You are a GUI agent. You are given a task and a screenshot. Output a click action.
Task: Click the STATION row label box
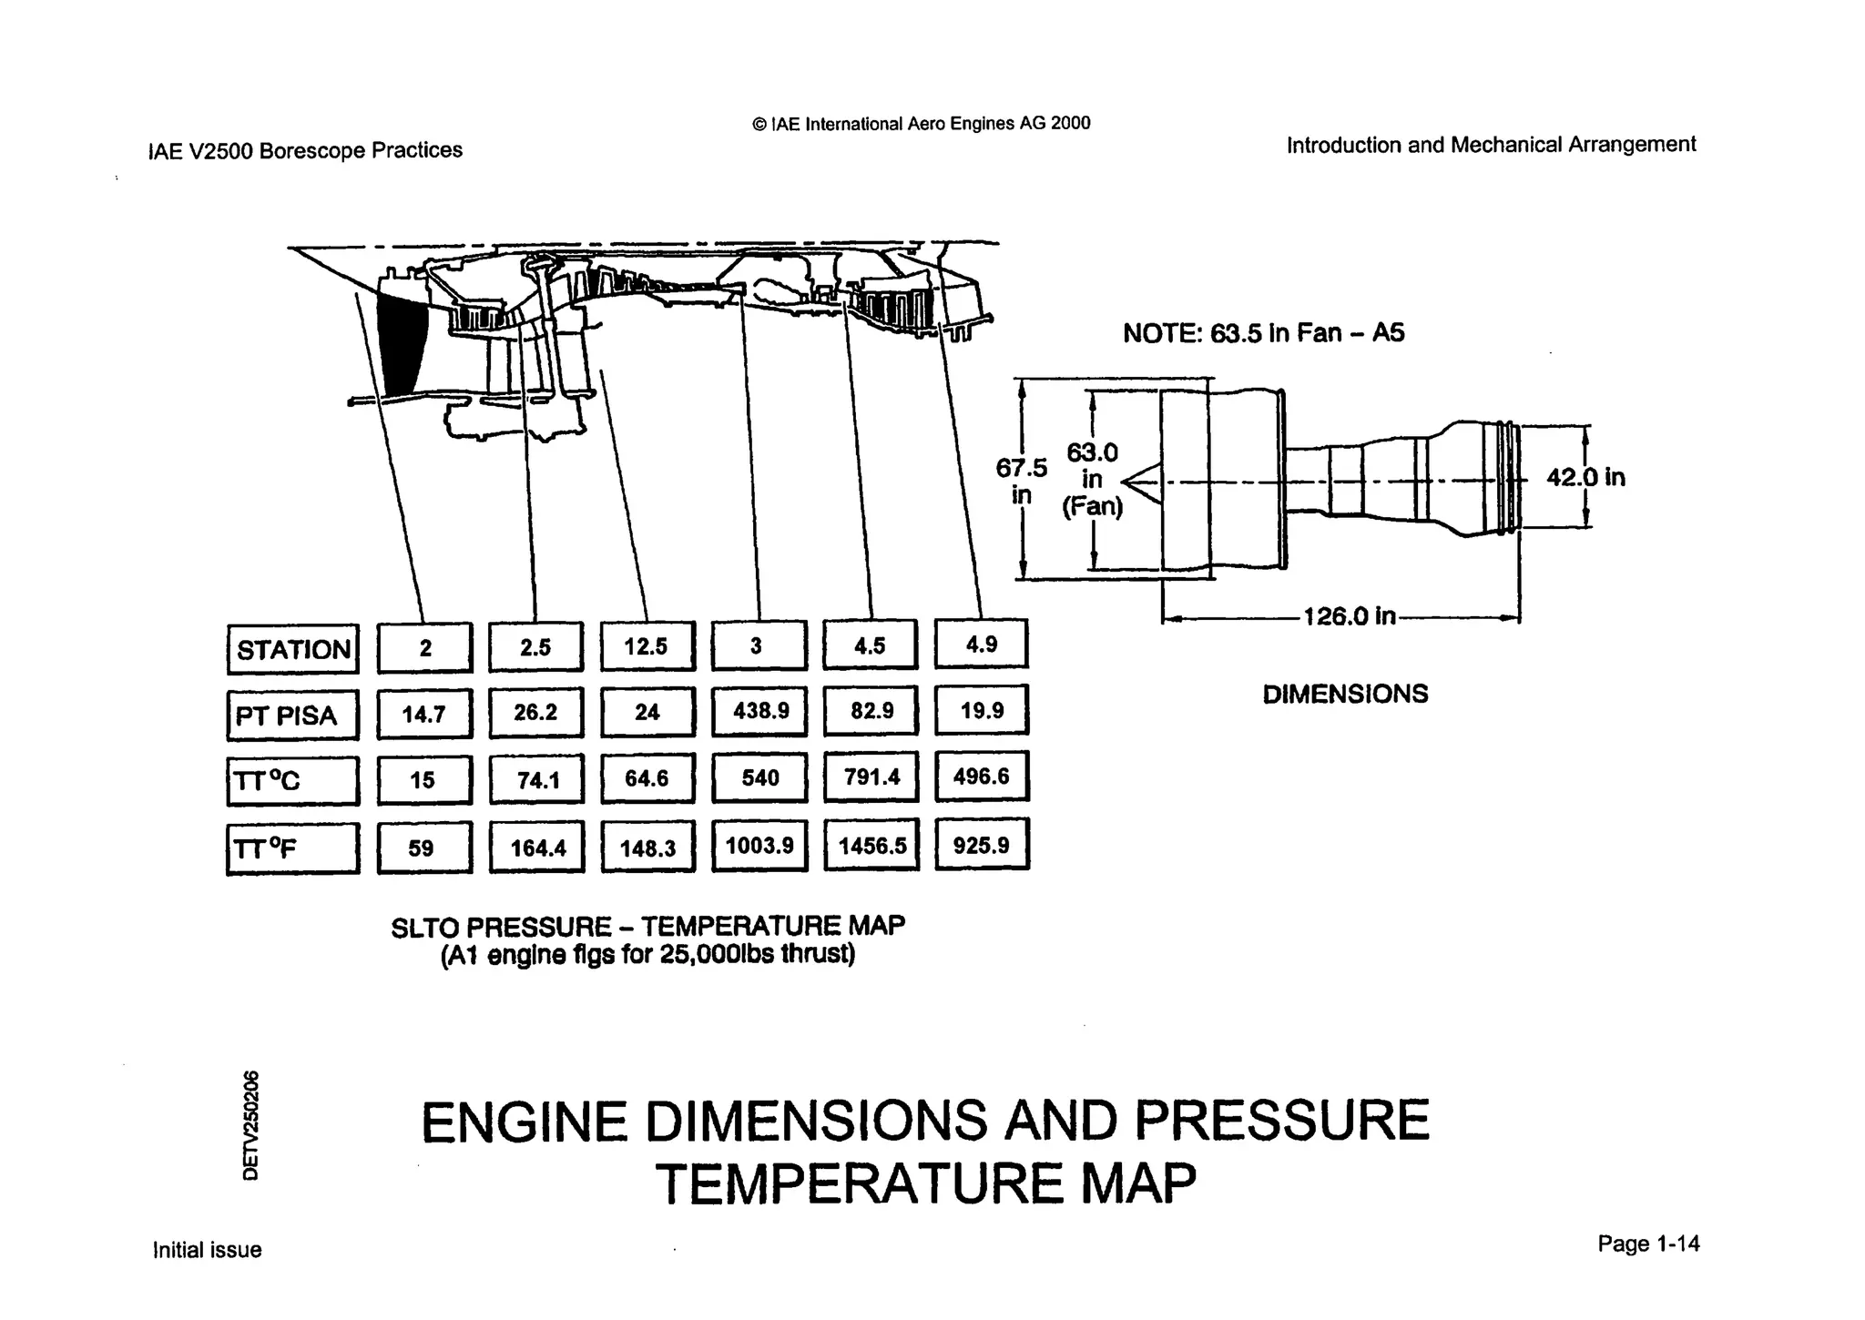click(292, 649)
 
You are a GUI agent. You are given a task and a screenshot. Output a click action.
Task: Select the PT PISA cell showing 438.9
click(759, 711)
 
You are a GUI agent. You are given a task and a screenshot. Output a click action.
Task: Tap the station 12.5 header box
click(647, 646)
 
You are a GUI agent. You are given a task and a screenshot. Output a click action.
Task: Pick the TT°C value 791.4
click(871, 777)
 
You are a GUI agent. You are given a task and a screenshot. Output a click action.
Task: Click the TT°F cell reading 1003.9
click(759, 846)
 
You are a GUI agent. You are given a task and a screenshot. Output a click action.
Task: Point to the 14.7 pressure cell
click(424, 715)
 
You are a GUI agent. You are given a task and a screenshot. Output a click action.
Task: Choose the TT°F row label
click(292, 848)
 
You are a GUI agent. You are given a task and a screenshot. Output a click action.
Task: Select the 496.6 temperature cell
click(982, 777)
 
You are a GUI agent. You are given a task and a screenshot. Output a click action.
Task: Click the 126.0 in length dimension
click(1349, 616)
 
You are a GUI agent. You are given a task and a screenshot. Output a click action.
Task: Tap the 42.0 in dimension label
click(1585, 477)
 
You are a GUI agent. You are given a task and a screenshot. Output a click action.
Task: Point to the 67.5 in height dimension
click(1022, 481)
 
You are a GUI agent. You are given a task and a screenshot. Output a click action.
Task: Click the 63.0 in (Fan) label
click(1093, 479)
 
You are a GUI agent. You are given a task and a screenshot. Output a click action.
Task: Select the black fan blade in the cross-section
click(401, 344)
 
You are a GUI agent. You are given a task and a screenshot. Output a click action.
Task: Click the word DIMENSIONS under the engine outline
click(1345, 694)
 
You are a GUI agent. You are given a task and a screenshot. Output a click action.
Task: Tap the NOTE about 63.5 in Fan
click(1263, 333)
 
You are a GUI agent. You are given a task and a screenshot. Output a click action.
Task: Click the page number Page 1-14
click(1648, 1244)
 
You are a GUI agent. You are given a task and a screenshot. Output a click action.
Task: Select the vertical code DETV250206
click(251, 1125)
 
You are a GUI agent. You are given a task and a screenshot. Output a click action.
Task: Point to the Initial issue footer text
click(207, 1250)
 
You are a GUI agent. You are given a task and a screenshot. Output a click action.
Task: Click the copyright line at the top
click(921, 123)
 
